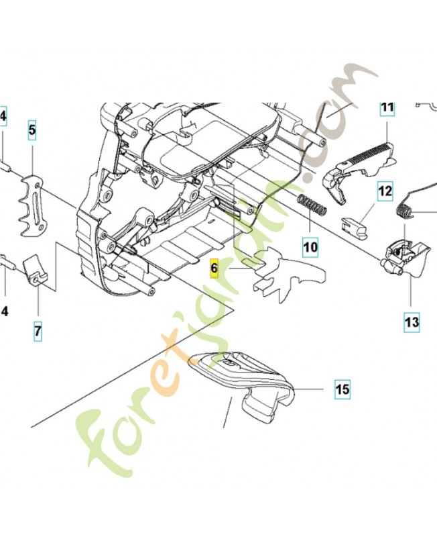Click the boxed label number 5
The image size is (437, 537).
[32, 130]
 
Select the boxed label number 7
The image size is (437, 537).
[38, 331]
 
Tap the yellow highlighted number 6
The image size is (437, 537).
[214, 268]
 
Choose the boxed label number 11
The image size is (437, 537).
[387, 107]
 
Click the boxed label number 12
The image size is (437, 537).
[384, 192]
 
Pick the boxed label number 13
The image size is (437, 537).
[412, 322]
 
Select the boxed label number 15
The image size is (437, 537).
[342, 389]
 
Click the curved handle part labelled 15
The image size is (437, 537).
[248, 383]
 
